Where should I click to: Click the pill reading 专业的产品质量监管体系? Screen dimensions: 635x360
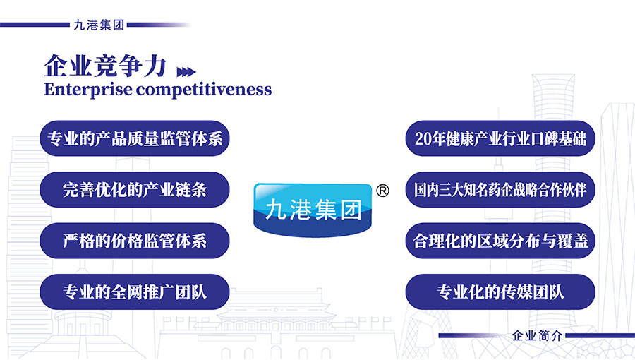pos(135,138)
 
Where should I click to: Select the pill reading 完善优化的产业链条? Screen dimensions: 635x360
pos(135,189)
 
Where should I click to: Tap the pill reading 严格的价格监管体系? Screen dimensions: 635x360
pos(135,241)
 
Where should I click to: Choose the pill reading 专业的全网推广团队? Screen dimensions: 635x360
pos(135,292)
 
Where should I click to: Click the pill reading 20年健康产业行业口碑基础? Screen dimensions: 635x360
pos(500,138)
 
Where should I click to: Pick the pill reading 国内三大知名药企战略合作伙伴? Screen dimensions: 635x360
pos(500,189)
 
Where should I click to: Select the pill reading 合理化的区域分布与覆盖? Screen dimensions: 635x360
pos(500,241)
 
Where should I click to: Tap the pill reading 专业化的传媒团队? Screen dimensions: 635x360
pos(500,292)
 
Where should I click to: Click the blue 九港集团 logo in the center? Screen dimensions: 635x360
pos(313,210)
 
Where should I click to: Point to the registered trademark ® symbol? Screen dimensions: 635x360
pos(382,191)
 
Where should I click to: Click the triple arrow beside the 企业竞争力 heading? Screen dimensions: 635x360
pos(186,72)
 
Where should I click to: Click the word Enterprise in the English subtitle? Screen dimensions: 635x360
pos(87,90)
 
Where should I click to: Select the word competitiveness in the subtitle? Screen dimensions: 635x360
pos(204,90)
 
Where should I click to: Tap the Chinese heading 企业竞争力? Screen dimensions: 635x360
pos(105,66)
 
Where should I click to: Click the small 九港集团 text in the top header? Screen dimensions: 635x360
pos(99,25)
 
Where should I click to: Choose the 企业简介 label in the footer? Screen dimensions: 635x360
pos(537,336)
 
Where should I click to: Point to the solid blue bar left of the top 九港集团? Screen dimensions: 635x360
pos(35,25)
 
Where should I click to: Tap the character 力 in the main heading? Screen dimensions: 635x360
pos(155,66)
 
